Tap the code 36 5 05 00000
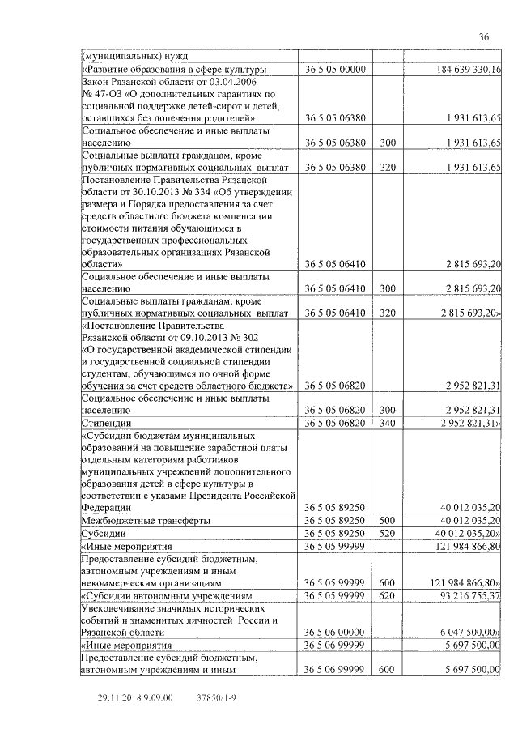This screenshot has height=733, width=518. [x=335, y=70]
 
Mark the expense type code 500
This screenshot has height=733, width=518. [x=387, y=520]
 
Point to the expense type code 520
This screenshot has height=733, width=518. [x=387, y=534]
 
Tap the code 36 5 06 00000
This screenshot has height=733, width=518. [x=335, y=632]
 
